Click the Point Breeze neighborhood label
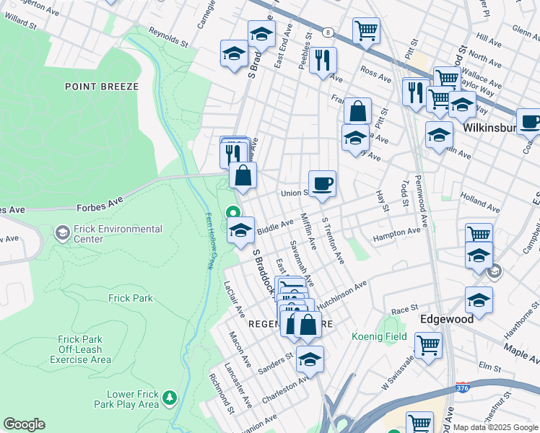click(101, 86)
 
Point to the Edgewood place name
click(447, 318)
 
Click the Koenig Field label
click(379, 336)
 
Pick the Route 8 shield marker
click(329, 32)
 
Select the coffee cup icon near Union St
click(322, 183)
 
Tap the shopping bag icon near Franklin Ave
click(357, 111)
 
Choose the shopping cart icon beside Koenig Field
click(428, 346)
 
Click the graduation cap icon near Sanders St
click(310, 359)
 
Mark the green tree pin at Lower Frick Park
click(170, 397)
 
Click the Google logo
click(24, 424)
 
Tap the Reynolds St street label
click(168, 37)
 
